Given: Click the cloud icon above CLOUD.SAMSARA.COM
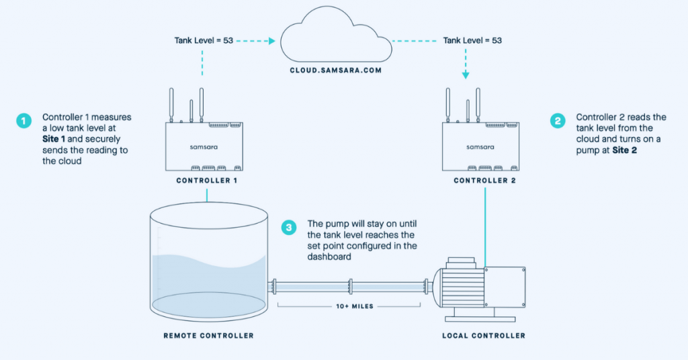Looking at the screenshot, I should click(x=337, y=40).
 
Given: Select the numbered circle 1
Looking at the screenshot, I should click(x=24, y=121).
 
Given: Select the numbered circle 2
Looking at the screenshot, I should click(x=557, y=121).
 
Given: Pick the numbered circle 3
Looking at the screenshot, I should click(x=289, y=228).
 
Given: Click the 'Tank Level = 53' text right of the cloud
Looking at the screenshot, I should click(x=472, y=41).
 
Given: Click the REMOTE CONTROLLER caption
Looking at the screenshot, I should click(x=208, y=335).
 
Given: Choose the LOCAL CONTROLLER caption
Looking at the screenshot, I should click(x=484, y=335).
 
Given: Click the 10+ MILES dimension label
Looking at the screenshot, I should click(x=349, y=306).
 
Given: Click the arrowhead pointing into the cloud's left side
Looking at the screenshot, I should click(x=272, y=41).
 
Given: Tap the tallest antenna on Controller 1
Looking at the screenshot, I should click(x=201, y=104).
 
